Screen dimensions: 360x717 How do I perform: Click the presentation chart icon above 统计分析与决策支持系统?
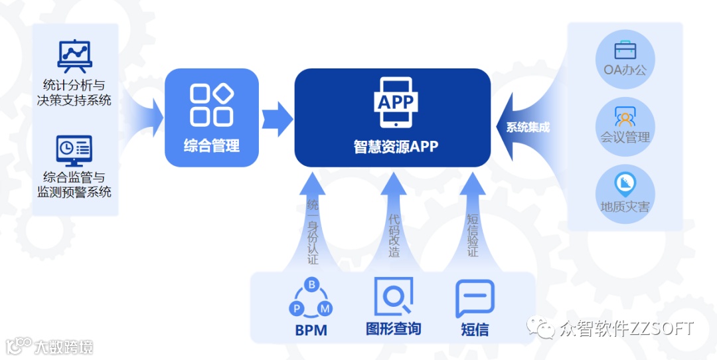(74, 56)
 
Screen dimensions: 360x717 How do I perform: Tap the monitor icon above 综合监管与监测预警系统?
(74, 150)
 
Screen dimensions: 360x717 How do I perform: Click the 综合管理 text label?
(211, 146)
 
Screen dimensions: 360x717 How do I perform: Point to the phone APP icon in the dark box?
(395, 102)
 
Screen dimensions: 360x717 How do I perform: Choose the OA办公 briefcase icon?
(625, 50)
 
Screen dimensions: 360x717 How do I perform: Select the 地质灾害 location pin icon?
(625, 183)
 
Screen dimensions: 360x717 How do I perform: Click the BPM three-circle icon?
(311, 300)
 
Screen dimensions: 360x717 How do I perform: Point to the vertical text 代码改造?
(394, 235)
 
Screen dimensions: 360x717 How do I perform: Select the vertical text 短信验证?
(473, 235)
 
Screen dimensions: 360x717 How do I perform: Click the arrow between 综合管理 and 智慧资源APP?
(276, 119)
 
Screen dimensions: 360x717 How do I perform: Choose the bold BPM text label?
(311, 330)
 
